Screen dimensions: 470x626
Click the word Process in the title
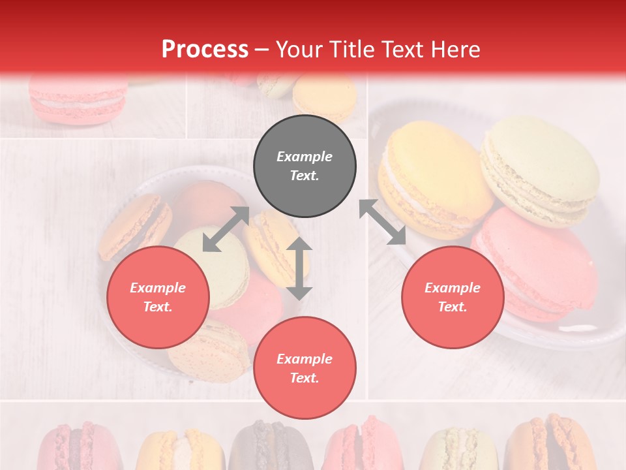pyautogui.click(x=205, y=49)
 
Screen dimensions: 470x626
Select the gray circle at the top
pyautogui.click(x=305, y=166)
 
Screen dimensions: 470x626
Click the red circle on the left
pyautogui.click(x=158, y=297)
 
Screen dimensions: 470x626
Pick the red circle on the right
pyautogui.click(x=453, y=297)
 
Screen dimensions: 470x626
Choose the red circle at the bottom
pyautogui.click(x=305, y=368)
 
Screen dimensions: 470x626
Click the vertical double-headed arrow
pyautogui.click(x=299, y=268)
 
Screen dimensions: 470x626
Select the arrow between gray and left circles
pyautogui.click(x=226, y=229)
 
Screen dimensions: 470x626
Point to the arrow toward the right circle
pyautogui.click(x=383, y=222)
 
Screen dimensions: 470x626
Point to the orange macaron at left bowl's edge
pyautogui.click(x=134, y=225)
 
